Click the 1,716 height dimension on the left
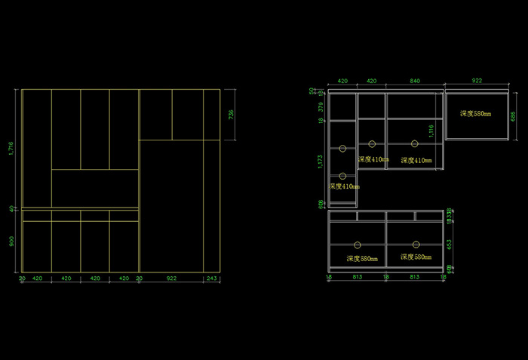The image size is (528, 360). (x=11, y=149)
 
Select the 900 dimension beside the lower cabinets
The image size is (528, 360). (x=11, y=242)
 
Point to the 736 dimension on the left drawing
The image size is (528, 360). (x=232, y=115)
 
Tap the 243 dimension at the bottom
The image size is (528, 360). (x=210, y=278)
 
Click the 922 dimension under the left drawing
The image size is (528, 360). (x=171, y=278)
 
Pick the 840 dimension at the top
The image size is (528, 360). (x=414, y=80)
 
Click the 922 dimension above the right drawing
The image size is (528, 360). (x=477, y=80)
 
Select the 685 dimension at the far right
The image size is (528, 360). (x=513, y=116)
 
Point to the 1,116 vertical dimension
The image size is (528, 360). (x=431, y=130)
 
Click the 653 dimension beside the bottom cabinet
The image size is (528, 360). (x=450, y=244)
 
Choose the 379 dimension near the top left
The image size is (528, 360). (x=320, y=107)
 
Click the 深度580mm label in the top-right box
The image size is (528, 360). (x=476, y=114)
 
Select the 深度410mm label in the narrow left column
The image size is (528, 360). (x=344, y=186)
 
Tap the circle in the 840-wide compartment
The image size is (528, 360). (x=414, y=143)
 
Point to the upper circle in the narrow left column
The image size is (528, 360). (x=342, y=148)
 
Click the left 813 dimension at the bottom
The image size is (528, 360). (x=358, y=277)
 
